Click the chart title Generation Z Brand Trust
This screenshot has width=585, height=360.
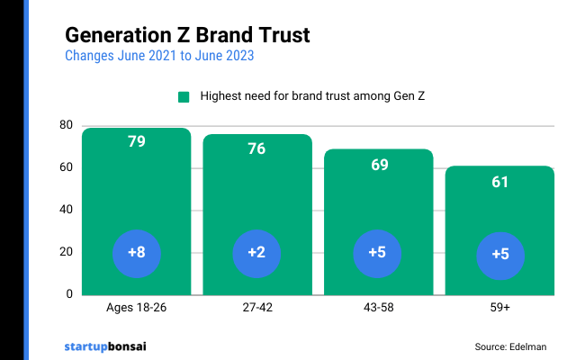187,35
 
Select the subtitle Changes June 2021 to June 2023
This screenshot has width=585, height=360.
159,56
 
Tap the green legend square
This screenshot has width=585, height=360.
184,97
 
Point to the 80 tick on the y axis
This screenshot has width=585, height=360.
65,125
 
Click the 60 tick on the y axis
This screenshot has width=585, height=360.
65,167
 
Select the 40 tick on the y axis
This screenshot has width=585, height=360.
65,210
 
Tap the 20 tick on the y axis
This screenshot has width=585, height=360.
65,252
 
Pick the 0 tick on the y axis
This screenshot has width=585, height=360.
68,294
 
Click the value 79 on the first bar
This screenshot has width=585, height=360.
137,142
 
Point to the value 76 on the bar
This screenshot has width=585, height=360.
256,148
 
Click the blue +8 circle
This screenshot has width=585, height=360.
137,253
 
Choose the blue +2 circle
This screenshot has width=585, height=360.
256,253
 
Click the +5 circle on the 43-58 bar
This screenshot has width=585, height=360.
378,253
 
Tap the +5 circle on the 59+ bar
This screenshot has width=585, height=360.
499,254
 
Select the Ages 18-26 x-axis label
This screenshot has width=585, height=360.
137,308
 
